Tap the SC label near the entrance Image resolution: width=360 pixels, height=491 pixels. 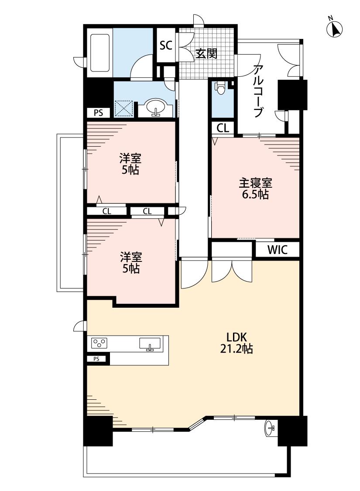(x=166, y=45)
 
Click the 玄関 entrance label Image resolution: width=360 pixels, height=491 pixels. (x=206, y=54)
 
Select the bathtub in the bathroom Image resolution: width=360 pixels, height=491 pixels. (x=100, y=52)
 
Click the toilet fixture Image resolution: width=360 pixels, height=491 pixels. (x=221, y=88)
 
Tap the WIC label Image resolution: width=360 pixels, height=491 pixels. (x=278, y=250)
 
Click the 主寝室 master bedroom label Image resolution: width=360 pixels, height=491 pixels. (x=255, y=183)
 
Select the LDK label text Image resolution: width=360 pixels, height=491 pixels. (x=237, y=337)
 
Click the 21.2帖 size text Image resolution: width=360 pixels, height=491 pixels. (x=237, y=349)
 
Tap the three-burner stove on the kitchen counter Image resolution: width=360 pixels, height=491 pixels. (x=99, y=343)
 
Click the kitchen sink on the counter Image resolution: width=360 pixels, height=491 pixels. (x=150, y=343)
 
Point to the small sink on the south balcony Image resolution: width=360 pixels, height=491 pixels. (x=270, y=428)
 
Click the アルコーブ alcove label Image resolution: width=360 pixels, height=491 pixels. (x=258, y=91)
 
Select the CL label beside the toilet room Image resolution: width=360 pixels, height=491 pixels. (x=223, y=128)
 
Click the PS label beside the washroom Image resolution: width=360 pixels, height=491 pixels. (x=98, y=113)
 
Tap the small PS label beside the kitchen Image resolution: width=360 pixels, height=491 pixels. (x=96, y=359)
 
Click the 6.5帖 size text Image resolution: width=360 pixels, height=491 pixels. (x=255, y=195)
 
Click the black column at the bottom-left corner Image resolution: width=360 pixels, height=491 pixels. (x=98, y=431)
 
